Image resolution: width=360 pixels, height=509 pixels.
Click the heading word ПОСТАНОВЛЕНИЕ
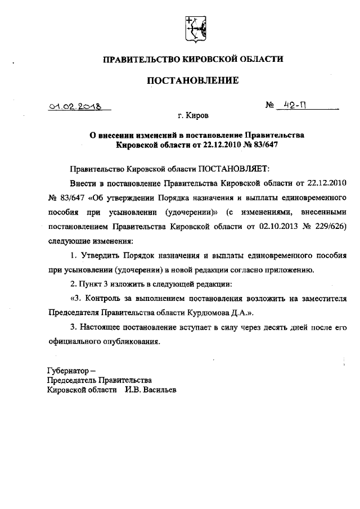click(x=192, y=81)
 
